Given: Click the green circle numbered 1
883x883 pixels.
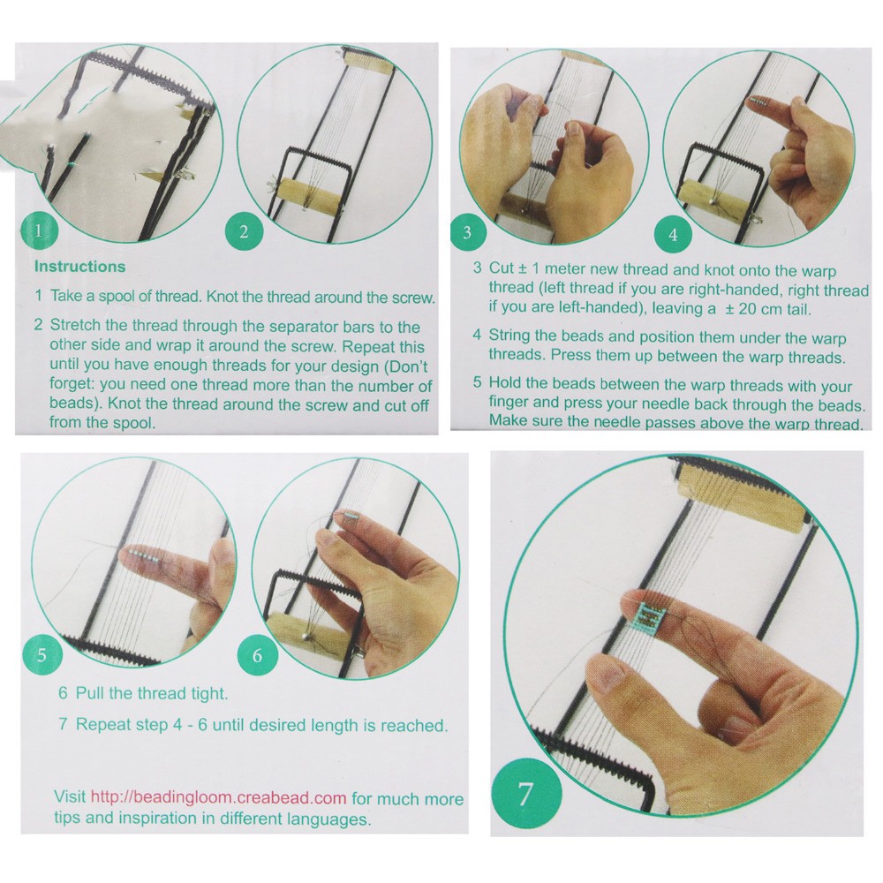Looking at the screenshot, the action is click(39, 230).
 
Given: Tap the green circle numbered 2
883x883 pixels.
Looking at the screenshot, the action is click(244, 231).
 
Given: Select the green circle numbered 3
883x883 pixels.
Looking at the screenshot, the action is click(467, 232).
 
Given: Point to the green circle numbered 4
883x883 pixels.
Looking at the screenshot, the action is click(673, 234).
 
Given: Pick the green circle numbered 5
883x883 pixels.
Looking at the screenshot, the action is click(42, 655).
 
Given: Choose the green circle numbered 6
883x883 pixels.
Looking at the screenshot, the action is click(257, 655).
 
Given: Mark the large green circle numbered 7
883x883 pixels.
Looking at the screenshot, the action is click(526, 794).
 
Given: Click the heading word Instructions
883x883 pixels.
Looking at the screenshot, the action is click(80, 267).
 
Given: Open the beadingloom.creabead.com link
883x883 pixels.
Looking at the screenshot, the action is click(218, 797).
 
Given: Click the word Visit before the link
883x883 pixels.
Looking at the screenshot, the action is click(70, 796).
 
